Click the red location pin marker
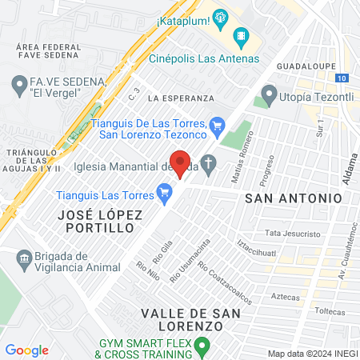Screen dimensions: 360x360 point(181,163)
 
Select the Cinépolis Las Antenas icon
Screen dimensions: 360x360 point(241,37)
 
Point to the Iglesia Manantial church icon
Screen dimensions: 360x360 point(209,165)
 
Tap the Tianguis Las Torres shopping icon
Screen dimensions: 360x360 point(165,192)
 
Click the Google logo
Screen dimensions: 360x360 point(26,350)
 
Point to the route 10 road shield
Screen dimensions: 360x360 point(342,78)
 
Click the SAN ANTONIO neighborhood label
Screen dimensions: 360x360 point(293,197)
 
